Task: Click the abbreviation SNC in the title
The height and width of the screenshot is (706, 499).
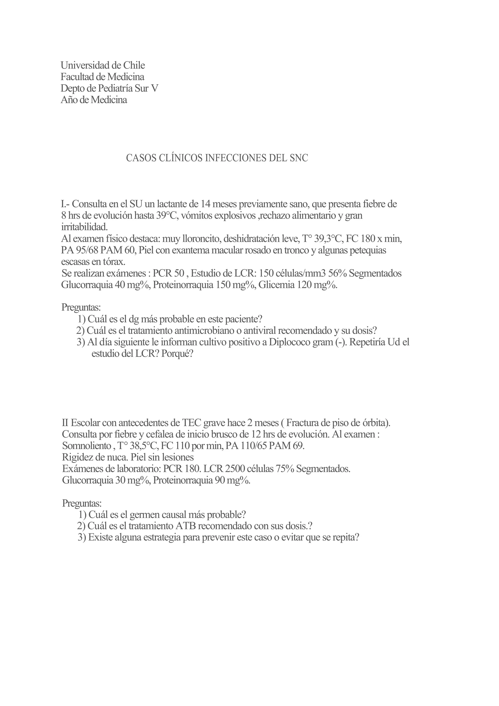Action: click(x=298, y=158)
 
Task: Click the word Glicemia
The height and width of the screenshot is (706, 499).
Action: click(x=276, y=285)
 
